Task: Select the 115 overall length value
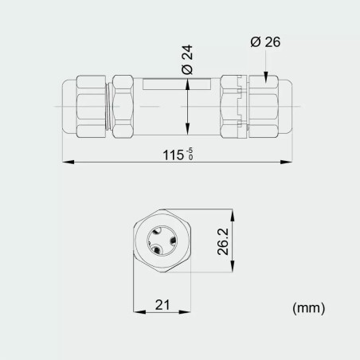(x=174, y=155)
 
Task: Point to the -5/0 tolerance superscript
(x=190, y=151)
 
